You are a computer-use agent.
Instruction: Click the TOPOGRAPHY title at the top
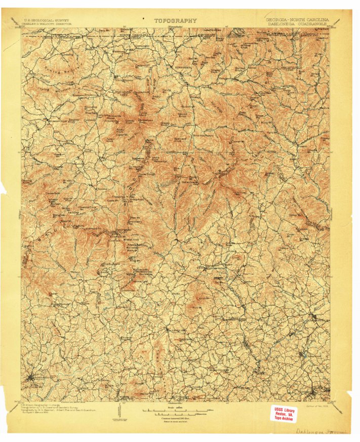[176, 21]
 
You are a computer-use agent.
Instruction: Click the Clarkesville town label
[319, 319]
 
